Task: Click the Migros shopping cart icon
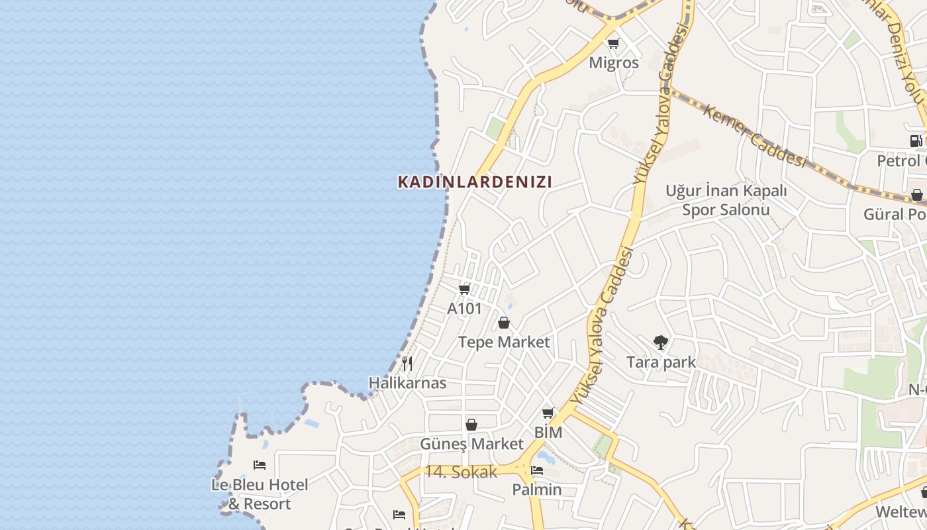coord(613,44)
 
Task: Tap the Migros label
coord(614,63)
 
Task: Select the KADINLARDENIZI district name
coord(475,182)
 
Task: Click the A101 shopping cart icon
coord(464,290)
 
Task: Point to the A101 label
coord(464,309)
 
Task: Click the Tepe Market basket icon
coord(504,323)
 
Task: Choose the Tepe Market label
coord(504,342)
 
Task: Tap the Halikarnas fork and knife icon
coord(407,364)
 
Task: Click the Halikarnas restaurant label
coord(407,383)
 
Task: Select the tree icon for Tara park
coord(660,343)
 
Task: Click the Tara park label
coord(661,362)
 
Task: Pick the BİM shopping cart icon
coord(548,413)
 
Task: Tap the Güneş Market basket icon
coord(471,425)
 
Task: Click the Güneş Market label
coord(471,444)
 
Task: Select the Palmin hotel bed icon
coord(537,471)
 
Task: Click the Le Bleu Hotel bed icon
coord(260,465)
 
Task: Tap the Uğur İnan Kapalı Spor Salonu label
coord(726,200)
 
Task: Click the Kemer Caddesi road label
coord(754,136)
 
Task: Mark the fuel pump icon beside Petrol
coord(916,140)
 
